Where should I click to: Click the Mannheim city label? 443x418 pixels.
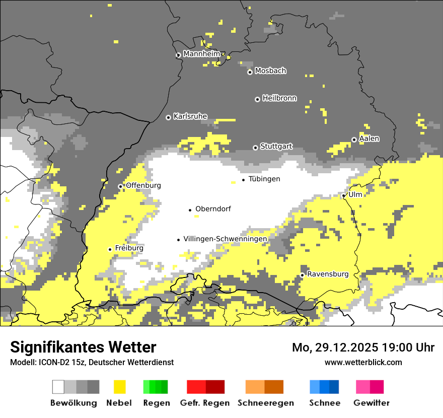tap(202, 54)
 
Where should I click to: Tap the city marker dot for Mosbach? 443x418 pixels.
tap(250, 72)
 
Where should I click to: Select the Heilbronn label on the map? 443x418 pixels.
tap(279, 98)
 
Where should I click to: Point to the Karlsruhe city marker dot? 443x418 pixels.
tap(169, 117)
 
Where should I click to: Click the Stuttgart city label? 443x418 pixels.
tap(276, 147)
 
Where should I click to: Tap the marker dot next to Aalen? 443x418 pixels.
tap(354, 140)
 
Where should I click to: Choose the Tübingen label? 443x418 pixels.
tap(264, 179)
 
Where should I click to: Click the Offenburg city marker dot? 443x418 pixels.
tap(120, 186)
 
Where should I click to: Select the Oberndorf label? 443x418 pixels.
tap(213, 209)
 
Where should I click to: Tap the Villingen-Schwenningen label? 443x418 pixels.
tap(225, 239)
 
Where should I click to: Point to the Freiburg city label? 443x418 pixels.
tap(129, 248)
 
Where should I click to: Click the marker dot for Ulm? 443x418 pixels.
tap(344, 195)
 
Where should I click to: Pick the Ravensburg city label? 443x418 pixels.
tap(328, 274)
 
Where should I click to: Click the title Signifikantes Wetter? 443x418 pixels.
tap(83, 347)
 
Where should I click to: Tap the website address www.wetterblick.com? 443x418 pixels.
tap(363, 362)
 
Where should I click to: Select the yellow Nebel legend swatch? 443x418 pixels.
tap(120, 387)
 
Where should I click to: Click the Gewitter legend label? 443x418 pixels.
tap(371, 403)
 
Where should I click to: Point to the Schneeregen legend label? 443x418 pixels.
tap(265, 403)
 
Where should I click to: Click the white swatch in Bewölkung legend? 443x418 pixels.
tap(58, 387)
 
